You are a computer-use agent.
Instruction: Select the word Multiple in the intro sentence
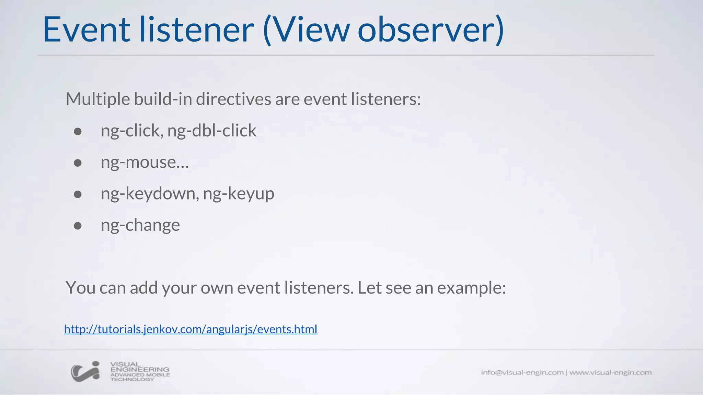[x=98, y=99]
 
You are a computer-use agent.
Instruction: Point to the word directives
[x=234, y=99]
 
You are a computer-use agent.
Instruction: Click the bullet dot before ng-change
[x=78, y=226]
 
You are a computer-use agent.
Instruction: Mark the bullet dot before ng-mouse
[x=78, y=163]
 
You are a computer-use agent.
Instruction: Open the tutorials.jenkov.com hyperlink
[x=191, y=329]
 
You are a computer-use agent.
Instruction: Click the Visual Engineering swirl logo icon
[x=85, y=372]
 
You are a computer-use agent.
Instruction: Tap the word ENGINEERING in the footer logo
[x=140, y=370]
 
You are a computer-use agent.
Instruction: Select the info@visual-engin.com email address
[x=522, y=372]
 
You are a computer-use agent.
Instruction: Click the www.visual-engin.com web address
[x=610, y=372]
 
